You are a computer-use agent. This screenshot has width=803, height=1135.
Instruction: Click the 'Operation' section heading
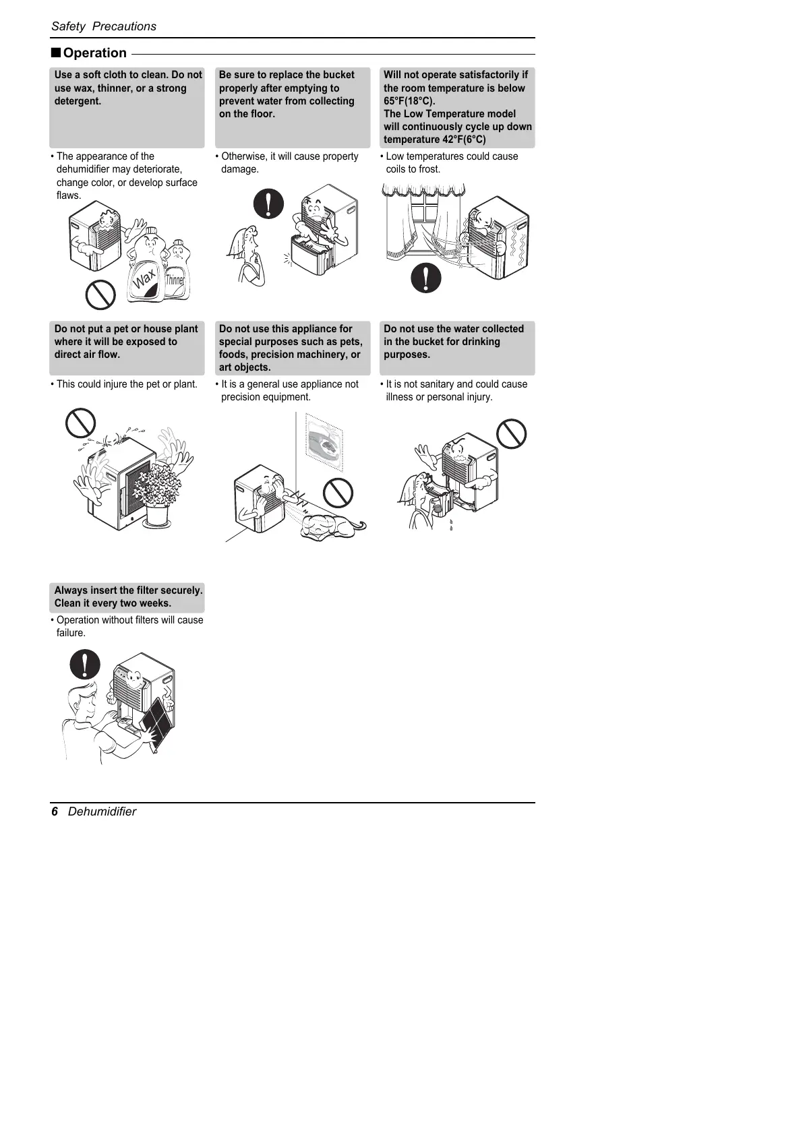94,53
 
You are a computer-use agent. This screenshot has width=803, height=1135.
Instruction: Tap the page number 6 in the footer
55,811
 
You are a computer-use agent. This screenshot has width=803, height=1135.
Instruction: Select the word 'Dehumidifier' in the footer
102,811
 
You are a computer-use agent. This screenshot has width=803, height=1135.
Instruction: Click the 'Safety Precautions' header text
104,26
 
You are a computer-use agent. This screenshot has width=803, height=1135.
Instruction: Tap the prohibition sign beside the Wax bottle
100,294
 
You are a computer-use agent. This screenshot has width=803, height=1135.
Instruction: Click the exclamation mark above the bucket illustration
268,202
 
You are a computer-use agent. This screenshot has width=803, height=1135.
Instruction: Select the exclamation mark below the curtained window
426,277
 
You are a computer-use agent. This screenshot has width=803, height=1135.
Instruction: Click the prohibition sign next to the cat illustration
338,492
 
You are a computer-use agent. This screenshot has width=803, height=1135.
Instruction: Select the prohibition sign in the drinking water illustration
511,433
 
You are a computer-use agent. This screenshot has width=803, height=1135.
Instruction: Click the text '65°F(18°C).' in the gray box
409,101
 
